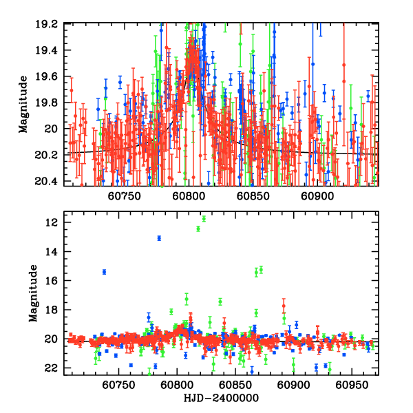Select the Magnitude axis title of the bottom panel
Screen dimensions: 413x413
coord(32,294)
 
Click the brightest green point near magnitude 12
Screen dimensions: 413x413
coord(204,219)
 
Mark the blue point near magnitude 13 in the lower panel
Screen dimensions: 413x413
coord(159,238)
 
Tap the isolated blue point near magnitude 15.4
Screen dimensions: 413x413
coord(104,272)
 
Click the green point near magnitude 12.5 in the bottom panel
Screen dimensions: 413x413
coord(198,229)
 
